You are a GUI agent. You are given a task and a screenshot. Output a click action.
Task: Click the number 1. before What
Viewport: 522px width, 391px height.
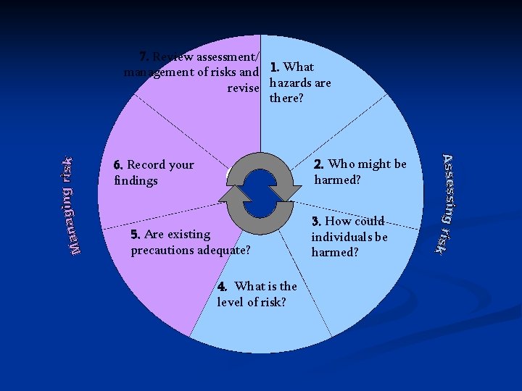[x=275, y=67]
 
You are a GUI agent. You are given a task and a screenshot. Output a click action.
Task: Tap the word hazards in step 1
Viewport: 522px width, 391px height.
[x=288, y=83]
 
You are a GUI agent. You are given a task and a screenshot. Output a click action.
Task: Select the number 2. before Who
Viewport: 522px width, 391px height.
[x=320, y=164]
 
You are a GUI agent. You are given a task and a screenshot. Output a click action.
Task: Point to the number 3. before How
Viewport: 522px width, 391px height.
[x=317, y=221]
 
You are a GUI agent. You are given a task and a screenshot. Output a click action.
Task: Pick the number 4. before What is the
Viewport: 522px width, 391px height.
[x=223, y=286]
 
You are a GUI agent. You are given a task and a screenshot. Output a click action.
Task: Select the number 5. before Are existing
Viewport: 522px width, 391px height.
[x=136, y=235]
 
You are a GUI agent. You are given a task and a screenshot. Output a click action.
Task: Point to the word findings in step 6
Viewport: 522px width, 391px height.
[x=136, y=180]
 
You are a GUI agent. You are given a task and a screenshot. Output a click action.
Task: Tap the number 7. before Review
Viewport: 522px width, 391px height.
[x=144, y=56]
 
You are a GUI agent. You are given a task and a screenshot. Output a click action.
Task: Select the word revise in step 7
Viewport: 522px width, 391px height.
[x=243, y=88]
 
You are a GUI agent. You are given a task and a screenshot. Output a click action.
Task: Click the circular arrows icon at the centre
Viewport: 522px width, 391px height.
[x=261, y=188]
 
